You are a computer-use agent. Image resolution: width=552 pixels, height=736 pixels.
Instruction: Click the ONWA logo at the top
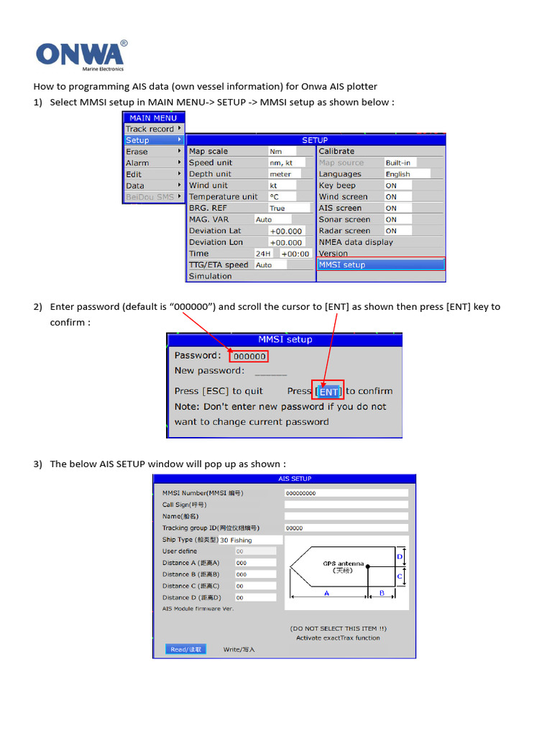(x=81, y=55)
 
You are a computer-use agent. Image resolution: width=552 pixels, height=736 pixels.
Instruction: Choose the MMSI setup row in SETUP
(x=381, y=264)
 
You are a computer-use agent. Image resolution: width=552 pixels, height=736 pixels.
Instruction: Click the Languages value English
(x=406, y=174)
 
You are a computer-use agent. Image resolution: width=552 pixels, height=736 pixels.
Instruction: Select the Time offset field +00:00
(x=295, y=254)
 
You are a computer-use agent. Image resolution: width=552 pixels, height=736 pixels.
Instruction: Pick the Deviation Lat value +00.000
(x=285, y=231)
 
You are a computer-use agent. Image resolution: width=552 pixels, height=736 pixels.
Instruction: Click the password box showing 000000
(x=249, y=356)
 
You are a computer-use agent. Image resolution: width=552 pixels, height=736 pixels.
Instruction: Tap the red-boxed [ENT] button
(x=328, y=391)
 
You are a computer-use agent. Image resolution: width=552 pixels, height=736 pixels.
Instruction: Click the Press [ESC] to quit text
(x=218, y=391)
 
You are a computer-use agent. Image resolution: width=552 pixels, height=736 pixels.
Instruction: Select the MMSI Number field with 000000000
(x=346, y=493)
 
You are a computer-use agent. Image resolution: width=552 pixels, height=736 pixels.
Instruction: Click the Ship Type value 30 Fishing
(x=244, y=540)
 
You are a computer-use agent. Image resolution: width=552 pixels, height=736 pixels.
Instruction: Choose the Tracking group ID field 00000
(x=346, y=528)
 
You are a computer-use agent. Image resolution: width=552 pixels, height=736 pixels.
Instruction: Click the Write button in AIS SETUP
(x=239, y=649)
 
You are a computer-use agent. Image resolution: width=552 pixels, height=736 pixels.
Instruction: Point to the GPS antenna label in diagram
(x=343, y=564)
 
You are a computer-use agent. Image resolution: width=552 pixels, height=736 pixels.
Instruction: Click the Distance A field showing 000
(x=254, y=563)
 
